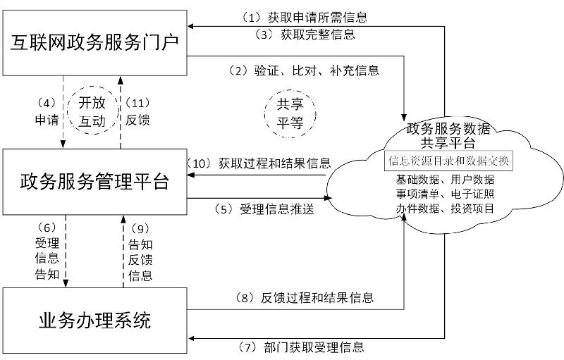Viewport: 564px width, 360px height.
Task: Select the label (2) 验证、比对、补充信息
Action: click(303, 70)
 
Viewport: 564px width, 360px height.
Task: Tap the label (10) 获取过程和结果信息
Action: click(259, 163)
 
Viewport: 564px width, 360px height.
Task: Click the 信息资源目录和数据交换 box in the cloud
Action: click(448, 161)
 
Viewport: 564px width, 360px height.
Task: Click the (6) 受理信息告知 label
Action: click(47, 252)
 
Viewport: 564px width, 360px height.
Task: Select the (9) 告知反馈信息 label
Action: click(141, 252)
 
